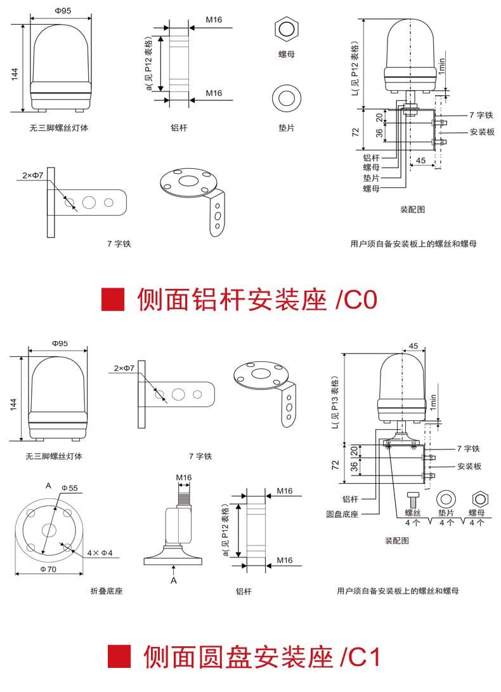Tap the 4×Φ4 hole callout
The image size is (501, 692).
100,552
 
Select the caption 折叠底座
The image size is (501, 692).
107,591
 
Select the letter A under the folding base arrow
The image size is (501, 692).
173,580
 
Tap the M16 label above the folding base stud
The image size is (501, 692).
184,477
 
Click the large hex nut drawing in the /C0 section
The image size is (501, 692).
286,30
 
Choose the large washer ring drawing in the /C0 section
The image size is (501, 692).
286,98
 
